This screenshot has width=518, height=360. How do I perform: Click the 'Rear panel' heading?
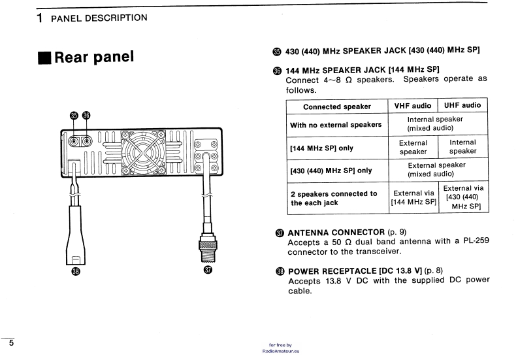[x=94, y=57]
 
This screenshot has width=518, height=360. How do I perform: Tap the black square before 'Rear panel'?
[x=44, y=57]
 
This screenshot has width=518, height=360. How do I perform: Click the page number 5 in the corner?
[x=11, y=342]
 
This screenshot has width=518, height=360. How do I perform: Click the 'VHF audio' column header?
[x=413, y=105]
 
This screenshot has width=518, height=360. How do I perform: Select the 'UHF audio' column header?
[x=462, y=105]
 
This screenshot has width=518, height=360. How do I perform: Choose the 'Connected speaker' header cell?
[x=336, y=106]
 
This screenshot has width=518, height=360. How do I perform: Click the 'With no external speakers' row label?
[x=336, y=124]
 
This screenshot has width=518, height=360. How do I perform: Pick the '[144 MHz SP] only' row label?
[x=321, y=148]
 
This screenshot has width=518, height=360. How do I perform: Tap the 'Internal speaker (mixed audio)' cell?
[x=435, y=123]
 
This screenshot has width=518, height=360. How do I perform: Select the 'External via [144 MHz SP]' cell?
[x=413, y=197]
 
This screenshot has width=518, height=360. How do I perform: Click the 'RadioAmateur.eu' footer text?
[x=280, y=350]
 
